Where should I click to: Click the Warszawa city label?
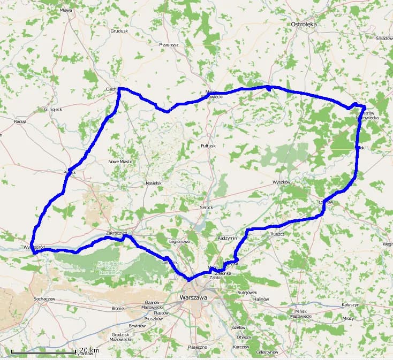[194, 297]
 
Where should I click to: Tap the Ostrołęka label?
[304, 24]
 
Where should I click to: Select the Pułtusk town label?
[207, 145]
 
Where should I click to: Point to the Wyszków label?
[281, 182]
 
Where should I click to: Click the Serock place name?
[206, 208]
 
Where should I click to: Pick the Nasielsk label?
[153, 183]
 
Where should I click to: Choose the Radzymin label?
[228, 238]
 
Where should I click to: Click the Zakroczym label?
[116, 233]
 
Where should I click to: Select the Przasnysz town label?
[168, 45]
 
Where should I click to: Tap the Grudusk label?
[119, 31]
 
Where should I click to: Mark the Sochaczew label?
[45, 298]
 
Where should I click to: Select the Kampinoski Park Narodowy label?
[110, 268]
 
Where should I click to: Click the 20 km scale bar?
[43, 352]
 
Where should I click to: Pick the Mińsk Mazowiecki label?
[300, 313]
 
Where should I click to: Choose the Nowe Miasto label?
[120, 162]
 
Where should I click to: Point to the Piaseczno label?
[197, 347]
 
